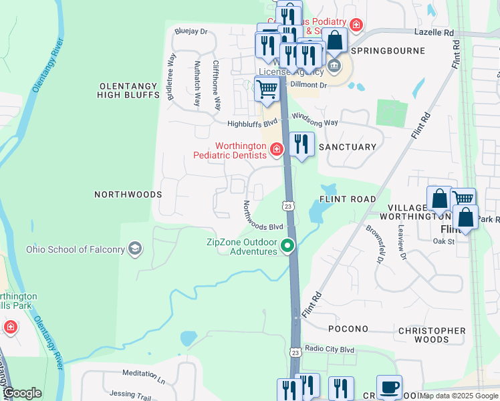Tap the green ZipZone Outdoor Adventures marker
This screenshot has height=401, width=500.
(288, 247)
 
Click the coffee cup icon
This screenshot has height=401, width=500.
(389, 387)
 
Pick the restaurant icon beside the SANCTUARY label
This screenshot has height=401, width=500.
(301, 144)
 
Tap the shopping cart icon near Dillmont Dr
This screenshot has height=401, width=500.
(267, 89)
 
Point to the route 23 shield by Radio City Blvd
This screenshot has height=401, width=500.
(295, 352)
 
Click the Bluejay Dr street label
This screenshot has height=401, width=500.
(191, 31)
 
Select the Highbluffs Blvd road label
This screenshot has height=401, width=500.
(252, 124)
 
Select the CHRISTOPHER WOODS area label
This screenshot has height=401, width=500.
(432, 335)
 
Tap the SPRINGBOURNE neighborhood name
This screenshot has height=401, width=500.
(388, 51)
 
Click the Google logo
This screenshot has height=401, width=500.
(23, 393)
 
